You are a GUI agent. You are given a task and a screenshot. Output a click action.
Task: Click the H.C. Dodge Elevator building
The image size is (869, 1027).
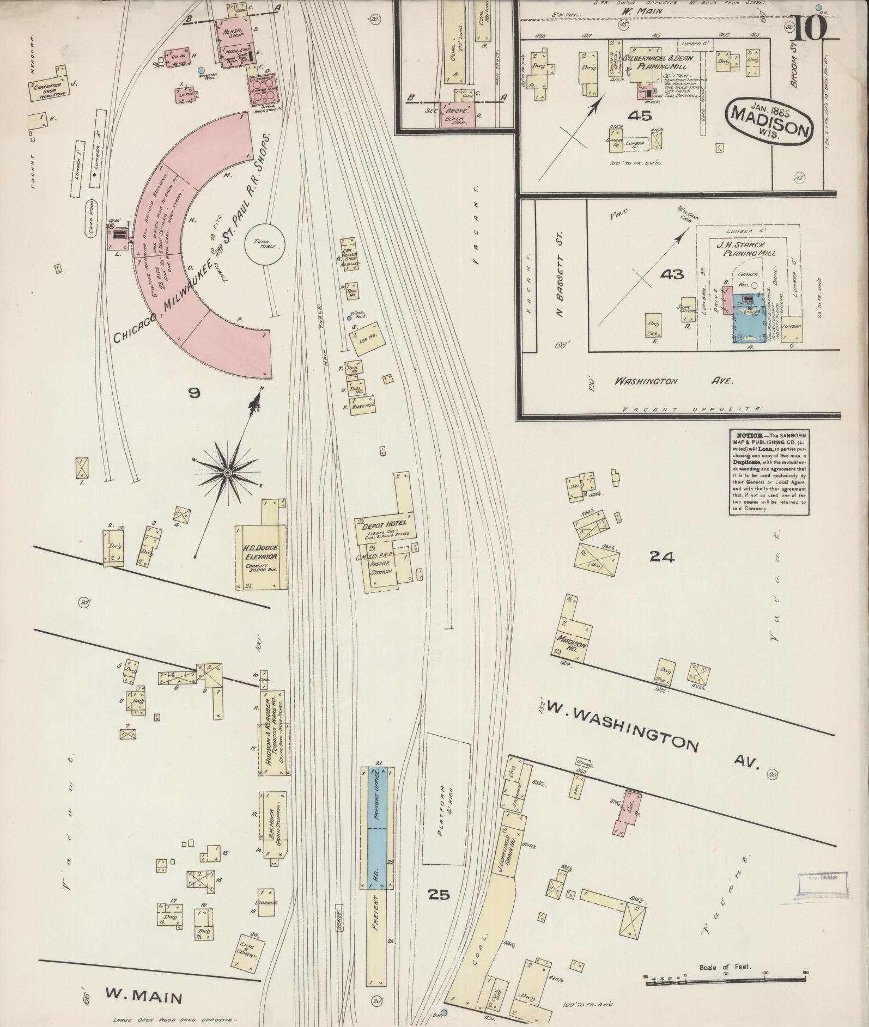pyautogui.click(x=260, y=557)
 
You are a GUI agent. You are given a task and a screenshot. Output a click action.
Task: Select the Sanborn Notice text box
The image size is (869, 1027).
pyautogui.click(x=769, y=471)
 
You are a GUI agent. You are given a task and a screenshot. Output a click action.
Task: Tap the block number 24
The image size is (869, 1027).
pyautogui.click(x=661, y=557)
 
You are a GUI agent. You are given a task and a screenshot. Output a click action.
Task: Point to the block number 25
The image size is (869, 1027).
pyautogui.click(x=439, y=894)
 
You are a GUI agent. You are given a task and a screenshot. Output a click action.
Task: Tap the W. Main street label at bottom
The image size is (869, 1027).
pyautogui.click(x=143, y=998)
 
